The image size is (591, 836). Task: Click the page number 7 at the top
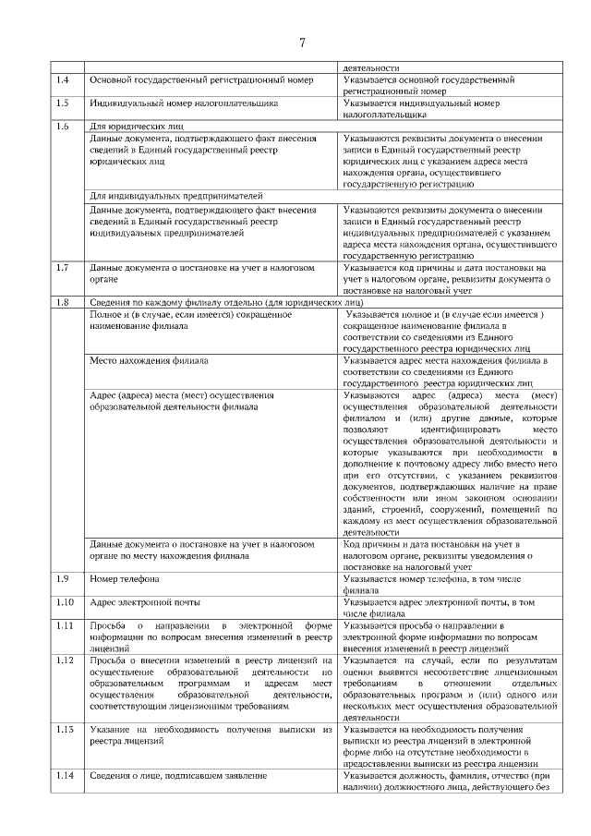(302, 42)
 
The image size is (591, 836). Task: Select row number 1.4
(62, 80)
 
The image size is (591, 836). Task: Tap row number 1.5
(62, 103)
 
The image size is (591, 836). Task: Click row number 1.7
(62, 268)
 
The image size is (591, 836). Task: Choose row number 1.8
(62, 303)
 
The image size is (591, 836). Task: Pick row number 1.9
(62, 579)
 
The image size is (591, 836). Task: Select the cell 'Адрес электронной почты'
(144, 602)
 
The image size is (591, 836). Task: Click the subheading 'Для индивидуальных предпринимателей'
(176, 196)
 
